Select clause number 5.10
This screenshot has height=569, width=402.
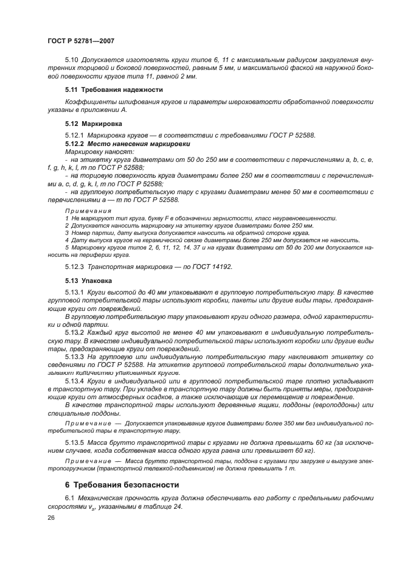click(72, 61)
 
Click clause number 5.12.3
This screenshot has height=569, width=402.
click(75, 267)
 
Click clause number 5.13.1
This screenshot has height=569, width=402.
click(75, 293)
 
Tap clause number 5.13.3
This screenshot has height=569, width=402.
click(75, 357)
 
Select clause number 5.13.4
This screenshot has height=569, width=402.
click(75, 380)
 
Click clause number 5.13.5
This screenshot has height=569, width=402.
click(75, 442)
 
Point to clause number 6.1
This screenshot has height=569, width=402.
click(69, 500)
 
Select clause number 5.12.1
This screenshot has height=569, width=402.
click(75, 135)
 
